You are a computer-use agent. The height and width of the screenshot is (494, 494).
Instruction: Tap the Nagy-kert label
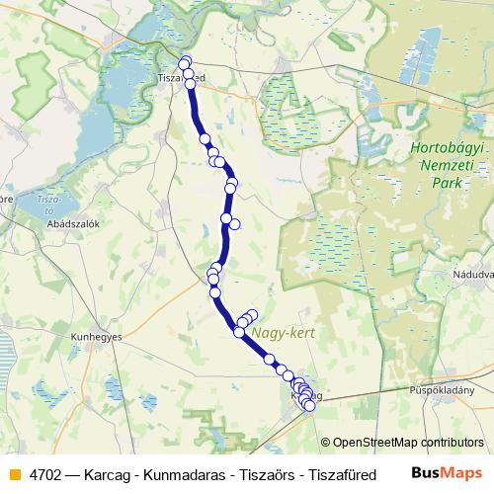coord(283,333)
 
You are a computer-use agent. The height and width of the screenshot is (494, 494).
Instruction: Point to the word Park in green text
coord(449,185)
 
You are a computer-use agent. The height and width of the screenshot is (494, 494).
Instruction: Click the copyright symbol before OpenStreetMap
coord(326,442)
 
